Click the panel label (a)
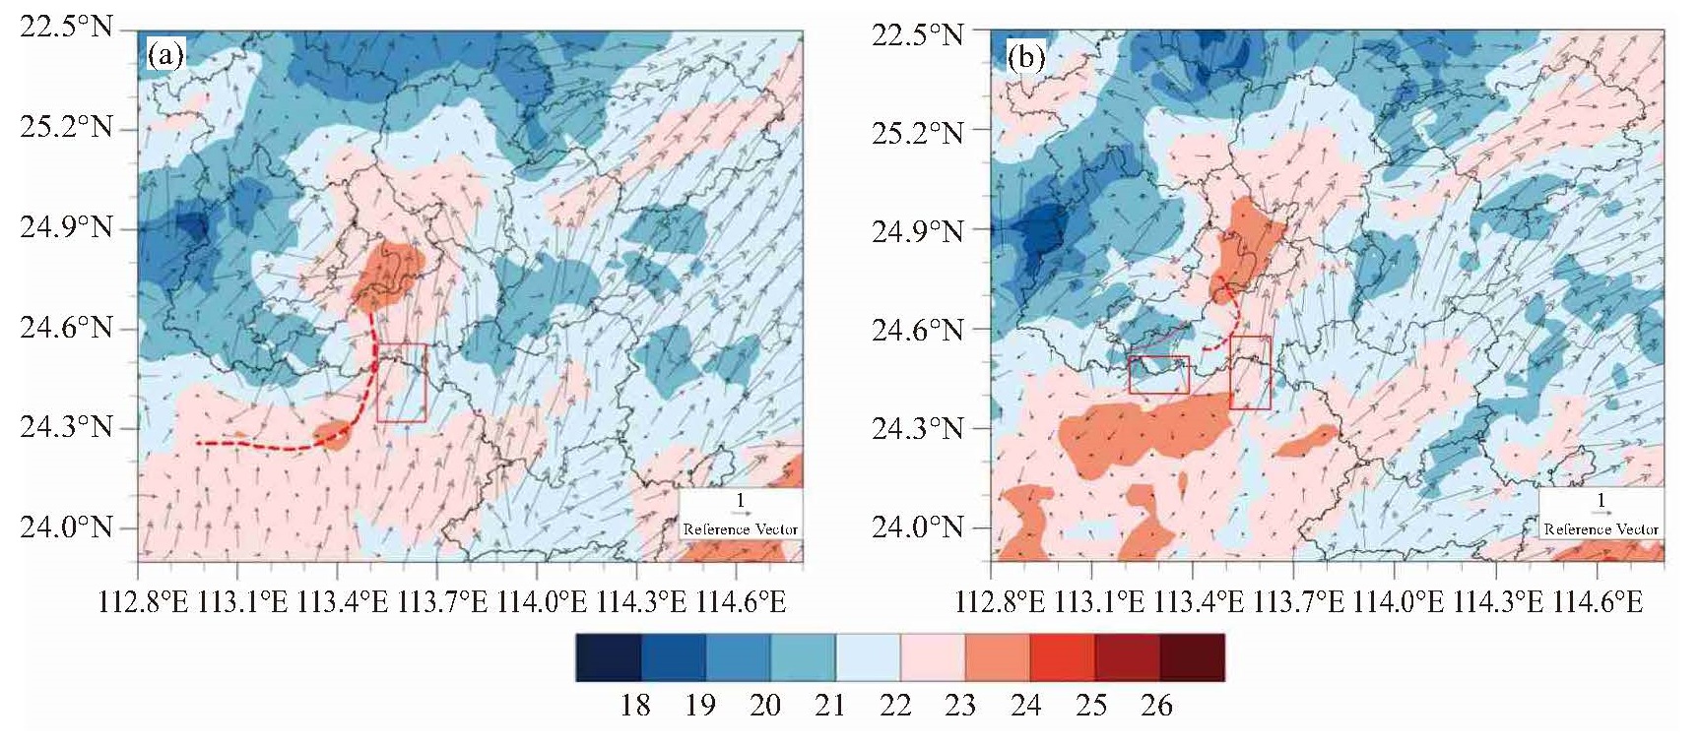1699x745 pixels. click(x=165, y=55)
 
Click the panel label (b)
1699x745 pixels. click(x=1026, y=58)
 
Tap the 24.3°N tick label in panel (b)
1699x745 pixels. click(x=918, y=428)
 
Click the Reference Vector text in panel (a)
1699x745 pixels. click(x=741, y=529)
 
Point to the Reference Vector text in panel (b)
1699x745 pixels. click(x=1601, y=529)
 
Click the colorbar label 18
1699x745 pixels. click(x=635, y=705)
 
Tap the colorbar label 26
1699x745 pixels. click(x=1156, y=705)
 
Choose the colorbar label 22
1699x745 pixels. click(x=895, y=705)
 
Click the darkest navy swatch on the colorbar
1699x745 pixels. click(x=609, y=657)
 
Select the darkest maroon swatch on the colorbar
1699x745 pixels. click(x=1193, y=657)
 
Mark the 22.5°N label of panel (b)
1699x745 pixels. click(x=918, y=35)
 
